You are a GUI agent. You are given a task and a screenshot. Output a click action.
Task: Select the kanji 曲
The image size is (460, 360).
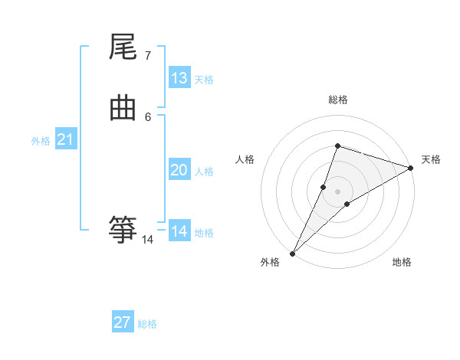pyautogui.click(x=123, y=109)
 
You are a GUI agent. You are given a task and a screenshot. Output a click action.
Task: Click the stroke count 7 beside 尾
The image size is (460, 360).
pyautogui.click(x=147, y=56)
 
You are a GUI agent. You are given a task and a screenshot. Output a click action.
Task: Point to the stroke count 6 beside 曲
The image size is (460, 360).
pyautogui.click(x=147, y=116)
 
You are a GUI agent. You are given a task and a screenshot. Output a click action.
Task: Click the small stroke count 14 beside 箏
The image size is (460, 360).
pyautogui.click(x=148, y=240)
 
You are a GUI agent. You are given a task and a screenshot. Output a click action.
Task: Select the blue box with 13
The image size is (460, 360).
pyautogui.click(x=179, y=78)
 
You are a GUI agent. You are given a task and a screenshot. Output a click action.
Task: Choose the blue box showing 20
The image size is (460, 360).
pyautogui.click(x=179, y=170)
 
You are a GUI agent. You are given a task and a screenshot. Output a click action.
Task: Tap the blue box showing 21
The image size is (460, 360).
pyautogui.click(x=65, y=139)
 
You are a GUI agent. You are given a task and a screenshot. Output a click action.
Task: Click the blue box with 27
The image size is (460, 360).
pyautogui.click(x=123, y=322)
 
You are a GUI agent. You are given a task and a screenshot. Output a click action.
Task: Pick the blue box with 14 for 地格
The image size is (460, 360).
pyautogui.click(x=179, y=231)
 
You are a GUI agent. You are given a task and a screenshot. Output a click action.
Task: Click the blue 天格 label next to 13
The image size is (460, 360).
pyautogui.click(x=204, y=80)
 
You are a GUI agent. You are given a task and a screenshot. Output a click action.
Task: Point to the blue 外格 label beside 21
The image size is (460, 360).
pyautogui.click(x=41, y=141)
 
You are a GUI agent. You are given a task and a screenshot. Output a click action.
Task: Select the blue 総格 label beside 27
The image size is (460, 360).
pyautogui.click(x=147, y=324)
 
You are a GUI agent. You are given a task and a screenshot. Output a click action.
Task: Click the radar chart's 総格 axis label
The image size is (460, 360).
pyautogui.click(x=337, y=100)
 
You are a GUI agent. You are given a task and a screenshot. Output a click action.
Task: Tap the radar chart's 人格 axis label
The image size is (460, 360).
pyautogui.click(x=245, y=159)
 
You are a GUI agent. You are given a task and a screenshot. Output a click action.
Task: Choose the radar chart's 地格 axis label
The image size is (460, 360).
pyautogui.click(x=402, y=263)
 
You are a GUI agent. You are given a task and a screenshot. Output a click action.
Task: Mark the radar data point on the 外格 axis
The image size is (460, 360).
pyautogui.click(x=293, y=253)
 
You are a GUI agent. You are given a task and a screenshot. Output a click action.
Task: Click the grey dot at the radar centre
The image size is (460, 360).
pyautogui.click(x=337, y=191)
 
